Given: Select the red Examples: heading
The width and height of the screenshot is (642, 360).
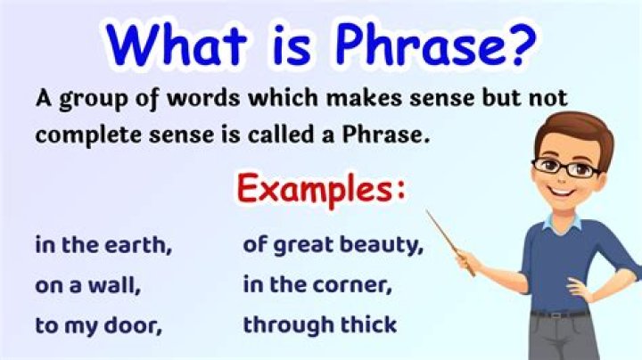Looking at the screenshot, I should coord(322,189).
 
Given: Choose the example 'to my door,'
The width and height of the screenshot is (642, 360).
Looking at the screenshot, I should coord(98,325).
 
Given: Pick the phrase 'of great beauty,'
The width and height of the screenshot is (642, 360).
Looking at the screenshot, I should coord(332,244).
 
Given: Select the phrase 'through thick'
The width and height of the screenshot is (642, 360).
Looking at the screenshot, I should coord(319,325).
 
